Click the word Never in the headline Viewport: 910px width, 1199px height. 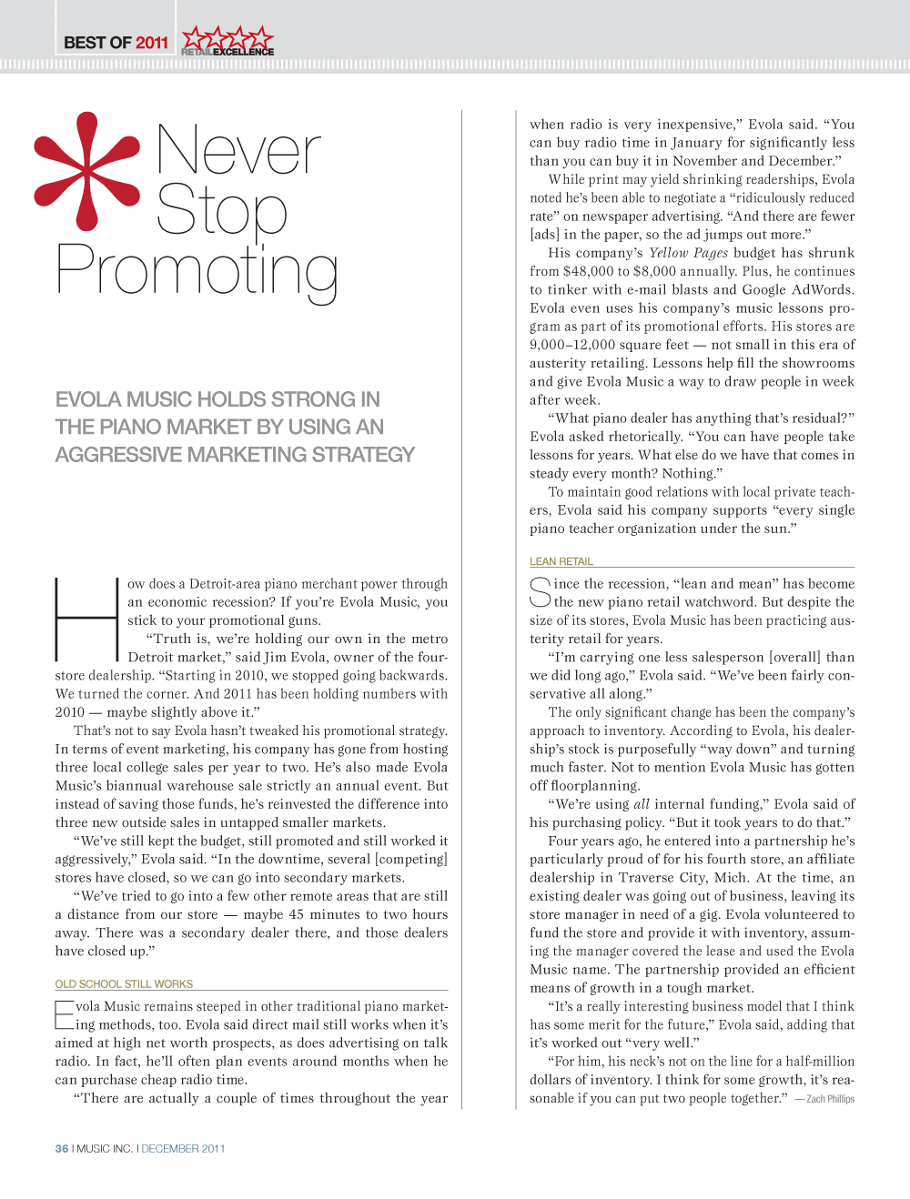(238, 150)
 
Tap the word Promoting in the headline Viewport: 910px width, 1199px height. (197, 271)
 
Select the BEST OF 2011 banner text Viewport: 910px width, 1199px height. (116, 43)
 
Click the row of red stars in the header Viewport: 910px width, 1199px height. (227, 38)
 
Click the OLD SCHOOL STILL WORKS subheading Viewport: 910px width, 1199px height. (124, 983)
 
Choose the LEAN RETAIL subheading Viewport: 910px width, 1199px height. (561, 561)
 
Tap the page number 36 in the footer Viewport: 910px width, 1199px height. (62, 1148)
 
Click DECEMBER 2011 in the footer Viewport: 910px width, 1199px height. (183, 1148)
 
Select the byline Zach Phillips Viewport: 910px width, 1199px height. (830, 1099)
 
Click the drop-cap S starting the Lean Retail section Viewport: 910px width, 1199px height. (541, 592)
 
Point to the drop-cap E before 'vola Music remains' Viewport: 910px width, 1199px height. (64, 1015)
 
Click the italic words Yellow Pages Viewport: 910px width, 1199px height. (688, 253)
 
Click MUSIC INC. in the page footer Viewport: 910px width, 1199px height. (105, 1148)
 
